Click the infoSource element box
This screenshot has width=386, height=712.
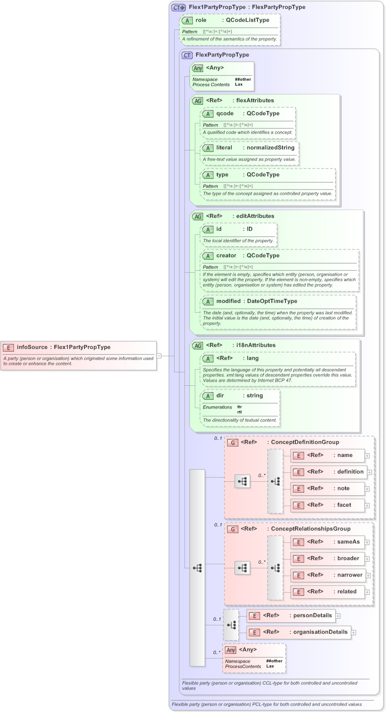pos(78,355)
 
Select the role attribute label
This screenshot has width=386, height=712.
pos(201,20)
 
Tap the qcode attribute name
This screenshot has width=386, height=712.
pos(225,113)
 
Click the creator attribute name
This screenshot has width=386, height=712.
pos(226,256)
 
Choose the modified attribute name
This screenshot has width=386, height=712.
pos(228,301)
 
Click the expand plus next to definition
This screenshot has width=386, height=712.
pos(370,472)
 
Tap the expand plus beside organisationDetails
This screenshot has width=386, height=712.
pos(354,632)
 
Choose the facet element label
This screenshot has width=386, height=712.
pos(344,505)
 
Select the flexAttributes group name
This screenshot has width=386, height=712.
pos(252,100)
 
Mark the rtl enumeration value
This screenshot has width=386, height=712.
pos(239,412)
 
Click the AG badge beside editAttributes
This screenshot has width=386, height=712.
pos(197,216)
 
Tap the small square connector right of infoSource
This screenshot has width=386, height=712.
pos(159,355)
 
